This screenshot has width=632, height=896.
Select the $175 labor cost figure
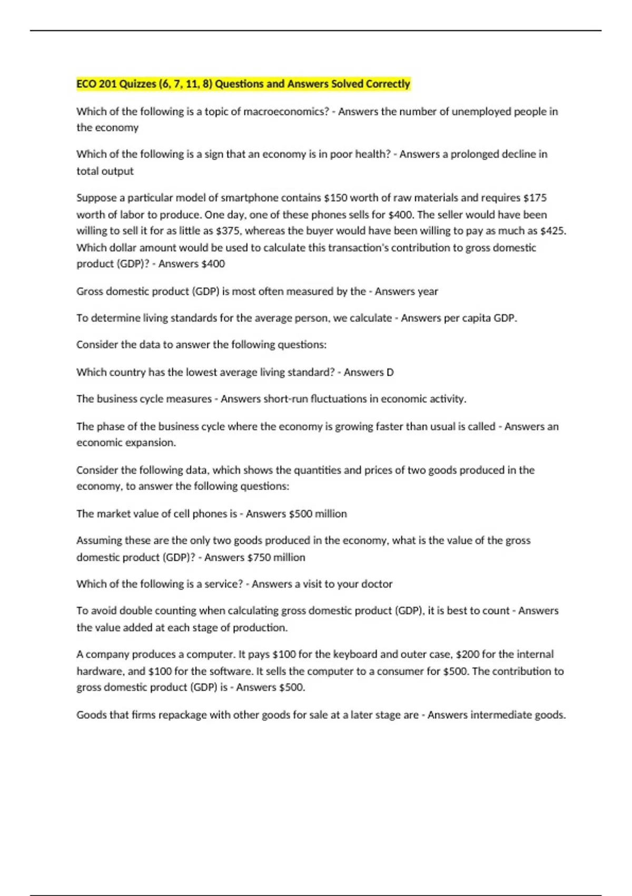[x=535, y=198]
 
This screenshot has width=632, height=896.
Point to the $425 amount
[x=553, y=231]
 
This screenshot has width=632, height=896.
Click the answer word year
[x=428, y=291]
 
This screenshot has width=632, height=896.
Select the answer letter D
[x=390, y=372]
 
